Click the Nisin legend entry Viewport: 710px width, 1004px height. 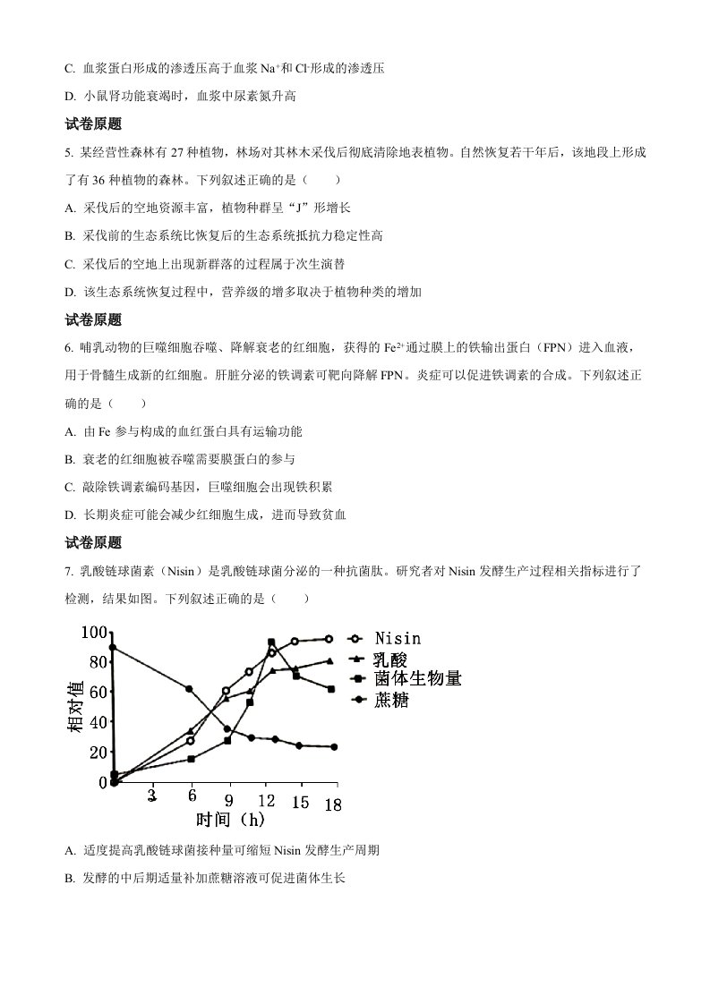(398, 639)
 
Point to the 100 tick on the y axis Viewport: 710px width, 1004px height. (94, 633)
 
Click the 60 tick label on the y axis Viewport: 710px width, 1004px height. (98, 692)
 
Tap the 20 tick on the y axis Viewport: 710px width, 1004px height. (98, 752)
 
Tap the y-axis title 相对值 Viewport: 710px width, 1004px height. (75, 707)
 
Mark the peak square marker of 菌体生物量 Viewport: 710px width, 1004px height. (271, 642)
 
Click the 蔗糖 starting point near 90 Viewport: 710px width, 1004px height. (113, 647)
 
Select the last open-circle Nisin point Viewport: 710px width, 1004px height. (329, 639)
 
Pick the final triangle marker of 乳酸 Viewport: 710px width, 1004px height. (329, 661)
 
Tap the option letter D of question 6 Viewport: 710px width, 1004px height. (70, 515)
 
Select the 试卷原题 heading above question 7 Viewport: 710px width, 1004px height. (94, 542)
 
